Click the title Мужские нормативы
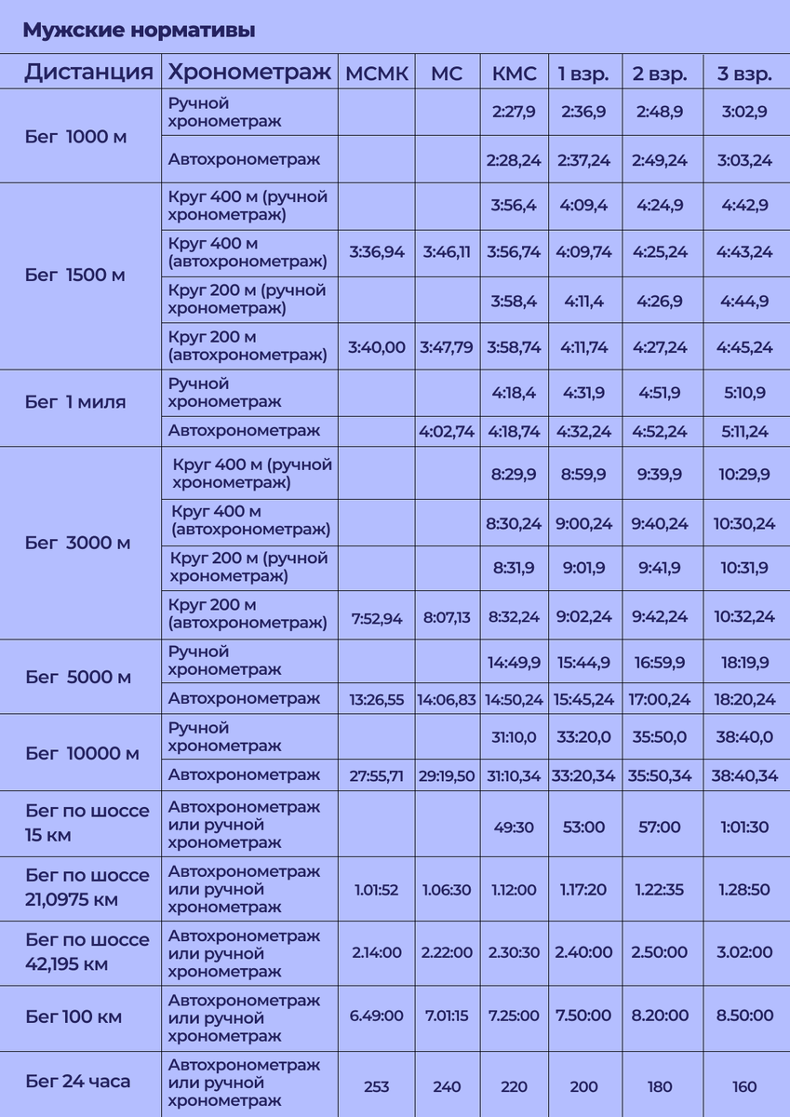(x=139, y=31)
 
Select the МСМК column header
(x=376, y=74)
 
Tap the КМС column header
(x=514, y=74)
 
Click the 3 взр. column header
(x=744, y=74)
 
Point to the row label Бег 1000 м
(x=75, y=137)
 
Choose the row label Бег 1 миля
(x=75, y=402)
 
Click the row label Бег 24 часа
(x=78, y=1081)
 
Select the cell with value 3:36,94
(x=376, y=252)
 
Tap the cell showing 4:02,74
(x=447, y=431)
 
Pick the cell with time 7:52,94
(x=376, y=617)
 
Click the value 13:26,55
(x=376, y=698)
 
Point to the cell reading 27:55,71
(x=376, y=774)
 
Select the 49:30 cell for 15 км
(x=514, y=827)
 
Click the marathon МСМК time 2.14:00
(x=376, y=953)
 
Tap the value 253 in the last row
(x=376, y=1086)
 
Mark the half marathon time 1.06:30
(x=447, y=890)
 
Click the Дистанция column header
(x=88, y=73)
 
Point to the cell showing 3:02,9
(x=744, y=112)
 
